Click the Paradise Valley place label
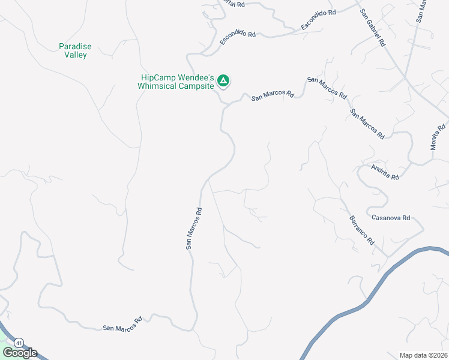click(x=76, y=50)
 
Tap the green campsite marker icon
click(x=223, y=80)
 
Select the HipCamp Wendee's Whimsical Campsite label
click(x=177, y=82)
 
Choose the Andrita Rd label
click(x=385, y=173)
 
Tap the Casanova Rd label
click(x=391, y=217)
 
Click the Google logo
click(x=20, y=353)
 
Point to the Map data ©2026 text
click(x=423, y=355)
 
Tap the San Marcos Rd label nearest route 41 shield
click(x=122, y=324)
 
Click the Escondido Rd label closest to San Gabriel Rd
click(x=318, y=20)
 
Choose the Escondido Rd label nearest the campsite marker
click(x=238, y=37)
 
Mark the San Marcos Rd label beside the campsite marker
click(x=273, y=94)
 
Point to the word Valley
click(x=76, y=55)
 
